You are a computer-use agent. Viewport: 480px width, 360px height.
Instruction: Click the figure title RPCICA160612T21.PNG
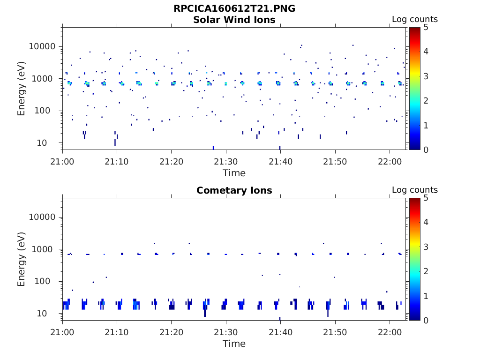234,8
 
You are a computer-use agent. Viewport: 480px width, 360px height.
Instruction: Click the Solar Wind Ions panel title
234,20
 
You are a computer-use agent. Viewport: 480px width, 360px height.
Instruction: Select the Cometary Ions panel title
234,190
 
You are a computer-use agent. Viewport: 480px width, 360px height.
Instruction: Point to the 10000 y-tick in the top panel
43,46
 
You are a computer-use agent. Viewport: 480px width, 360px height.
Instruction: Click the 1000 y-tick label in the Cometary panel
45,249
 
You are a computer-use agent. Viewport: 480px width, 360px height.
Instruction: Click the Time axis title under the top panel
234,173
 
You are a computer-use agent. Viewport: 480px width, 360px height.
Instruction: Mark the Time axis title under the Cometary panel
234,344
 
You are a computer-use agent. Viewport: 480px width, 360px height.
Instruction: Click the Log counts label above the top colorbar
415,20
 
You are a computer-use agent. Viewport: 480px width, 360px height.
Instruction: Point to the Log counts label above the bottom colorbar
415,190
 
